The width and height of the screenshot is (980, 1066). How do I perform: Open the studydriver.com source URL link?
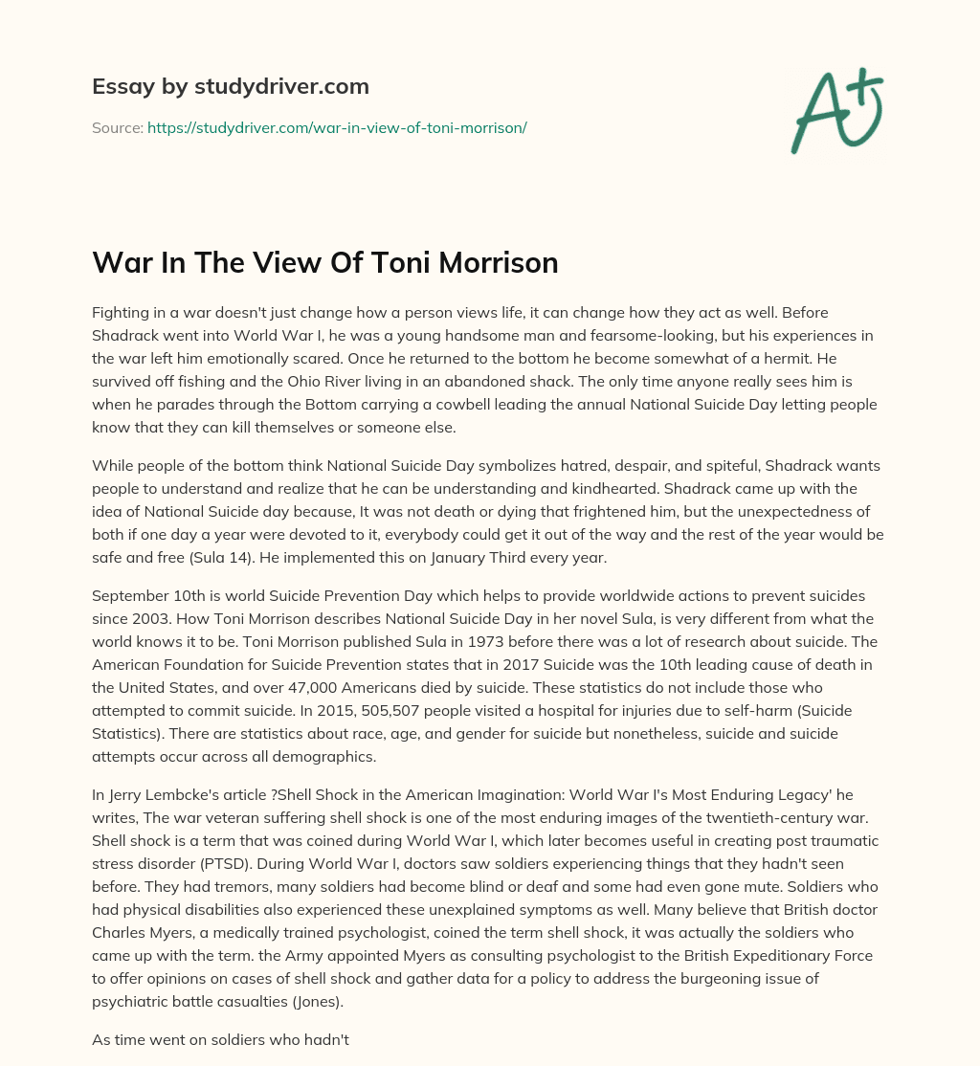pyautogui.click(x=337, y=127)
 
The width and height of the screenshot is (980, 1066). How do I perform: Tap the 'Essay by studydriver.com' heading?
pyautogui.click(x=231, y=86)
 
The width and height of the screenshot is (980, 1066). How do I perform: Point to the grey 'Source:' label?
pyautogui.click(x=117, y=127)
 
